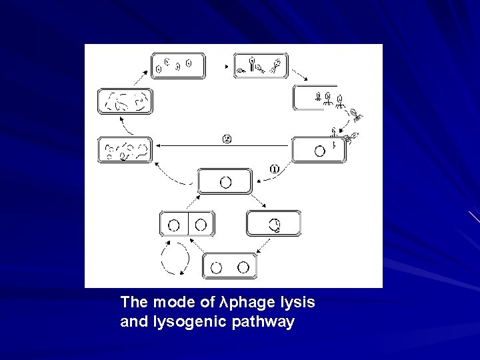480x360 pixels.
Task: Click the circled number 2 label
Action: [x=227, y=139]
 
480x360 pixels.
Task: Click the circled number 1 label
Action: [x=273, y=169]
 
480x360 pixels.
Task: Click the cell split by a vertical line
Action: [x=187, y=223]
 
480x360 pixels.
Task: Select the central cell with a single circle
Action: [x=225, y=181]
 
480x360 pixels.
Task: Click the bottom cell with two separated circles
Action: [x=229, y=267]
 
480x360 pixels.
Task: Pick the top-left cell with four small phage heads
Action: [x=177, y=65]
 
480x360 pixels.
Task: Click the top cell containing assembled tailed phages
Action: [x=261, y=65]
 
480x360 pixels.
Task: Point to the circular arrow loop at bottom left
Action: [x=175, y=257]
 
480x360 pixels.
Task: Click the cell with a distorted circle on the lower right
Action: [x=274, y=223]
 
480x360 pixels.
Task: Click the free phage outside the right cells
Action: [x=357, y=115]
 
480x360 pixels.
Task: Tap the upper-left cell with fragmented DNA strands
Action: [x=125, y=101]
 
